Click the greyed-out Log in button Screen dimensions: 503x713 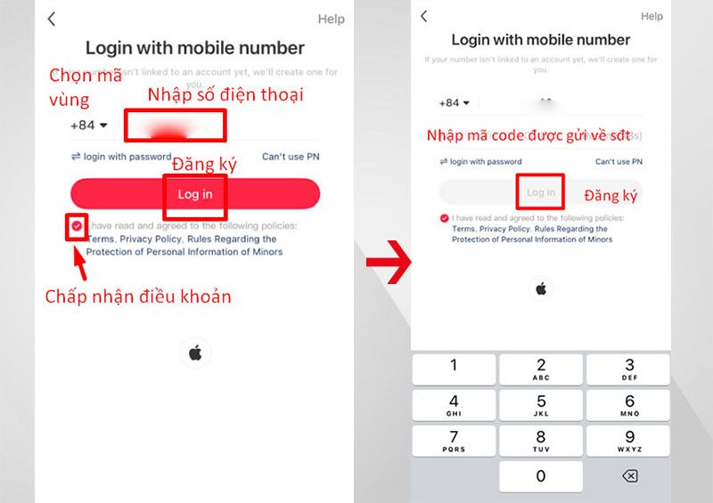pyautogui.click(x=540, y=192)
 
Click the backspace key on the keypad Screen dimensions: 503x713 pyautogui.click(x=628, y=476)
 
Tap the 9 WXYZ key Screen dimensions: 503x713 pyautogui.click(x=628, y=442)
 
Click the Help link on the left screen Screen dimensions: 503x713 pyautogui.click(x=331, y=19)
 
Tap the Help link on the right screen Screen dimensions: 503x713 pyautogui.click(x=652, y=16)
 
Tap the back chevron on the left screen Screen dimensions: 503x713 pyautogui.click(x=52, y=19)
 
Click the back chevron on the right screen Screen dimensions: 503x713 pyautogui.click(x=424, y=16)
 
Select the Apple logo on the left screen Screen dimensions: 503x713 pyautogui.click(x=194, y=353)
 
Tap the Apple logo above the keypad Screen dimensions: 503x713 pyautogui.click(x=540, y=288)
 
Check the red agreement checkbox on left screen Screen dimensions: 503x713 pyautogui.click(x=77, y=227)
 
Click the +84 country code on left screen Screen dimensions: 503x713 pyautogui.click(x=88, y=126)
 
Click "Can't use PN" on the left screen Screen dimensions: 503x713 pyautogui.click(x=290, y=157)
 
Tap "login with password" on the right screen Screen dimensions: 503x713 pyautogui.click(x=481, y=162)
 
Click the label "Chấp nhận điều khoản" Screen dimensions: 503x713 pyautogui.click(x=138, y=296)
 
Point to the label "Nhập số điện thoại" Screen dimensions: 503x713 pyautogui.click(x=225, y=94)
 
